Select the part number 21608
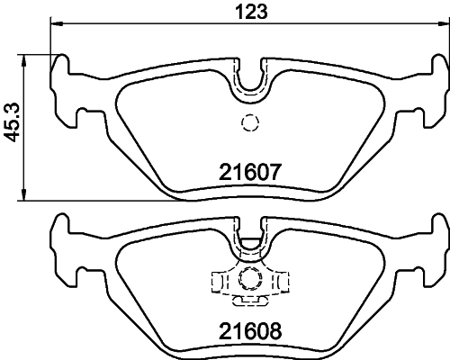click(252, 330)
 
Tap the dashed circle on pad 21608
click(250, 278)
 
